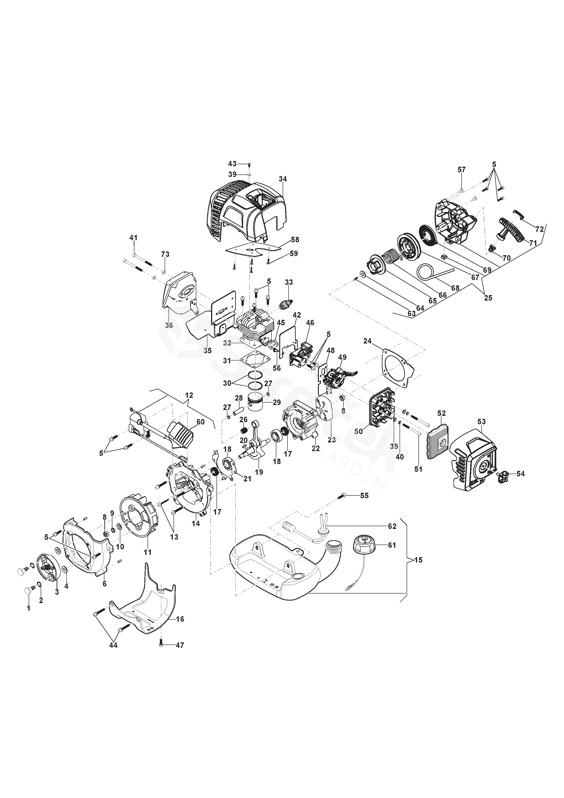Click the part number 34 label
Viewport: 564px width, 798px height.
tap(283, 179)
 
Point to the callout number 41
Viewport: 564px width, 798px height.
tap(133, 238)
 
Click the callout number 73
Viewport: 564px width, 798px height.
tap(165, 254)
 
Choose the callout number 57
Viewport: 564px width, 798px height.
tap(461, 170)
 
